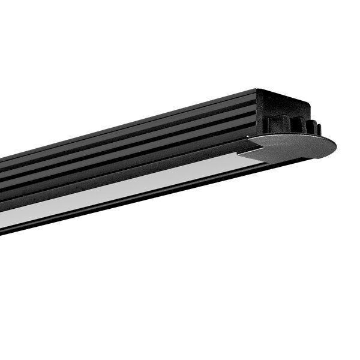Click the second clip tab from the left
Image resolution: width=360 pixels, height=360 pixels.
point(298,126)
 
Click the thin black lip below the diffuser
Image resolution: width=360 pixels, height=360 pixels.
point(120,207)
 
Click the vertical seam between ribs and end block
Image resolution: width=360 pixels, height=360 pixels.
point(256,114)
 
